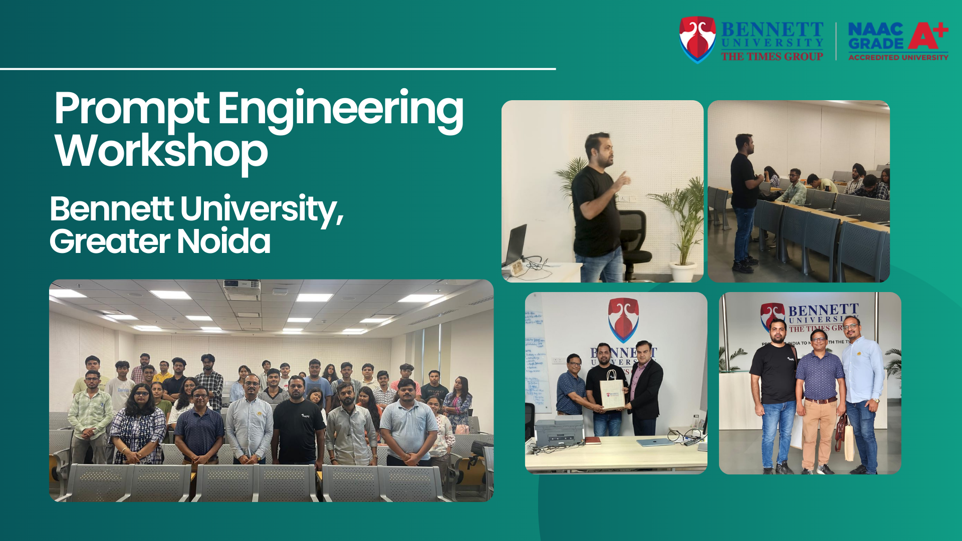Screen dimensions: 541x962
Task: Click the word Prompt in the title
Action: [x=131, y=109]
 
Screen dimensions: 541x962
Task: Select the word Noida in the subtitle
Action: [x=223, y=241]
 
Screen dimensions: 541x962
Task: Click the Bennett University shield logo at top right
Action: [x=697, y=39]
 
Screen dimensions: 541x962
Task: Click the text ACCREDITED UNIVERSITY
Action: [x=898, y=58]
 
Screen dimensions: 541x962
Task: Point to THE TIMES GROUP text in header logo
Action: [x=772, y=57]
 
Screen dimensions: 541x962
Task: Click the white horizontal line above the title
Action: [x=278, y=69]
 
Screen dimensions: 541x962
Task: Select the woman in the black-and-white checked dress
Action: [x=138, y=426]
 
